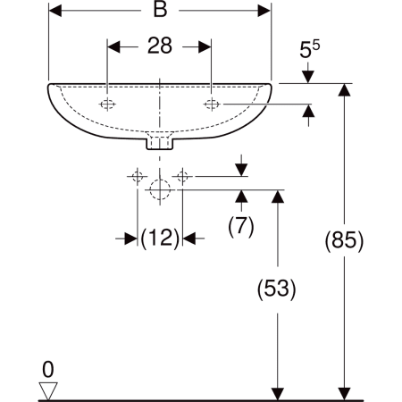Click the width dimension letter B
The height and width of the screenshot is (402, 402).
[160, 10]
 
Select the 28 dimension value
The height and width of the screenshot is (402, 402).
[160, 46]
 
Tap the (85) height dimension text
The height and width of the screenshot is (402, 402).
[344, 240]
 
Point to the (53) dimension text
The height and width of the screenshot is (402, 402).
[277, 289]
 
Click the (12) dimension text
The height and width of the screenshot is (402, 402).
[160, 239]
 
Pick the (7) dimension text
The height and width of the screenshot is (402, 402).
[241, 227]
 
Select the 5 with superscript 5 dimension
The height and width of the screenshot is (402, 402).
[309, 49]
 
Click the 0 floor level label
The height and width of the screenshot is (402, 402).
[48, 370]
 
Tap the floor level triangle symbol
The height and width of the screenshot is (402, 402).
[48, 391]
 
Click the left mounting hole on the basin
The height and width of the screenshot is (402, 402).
[107, 105]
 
